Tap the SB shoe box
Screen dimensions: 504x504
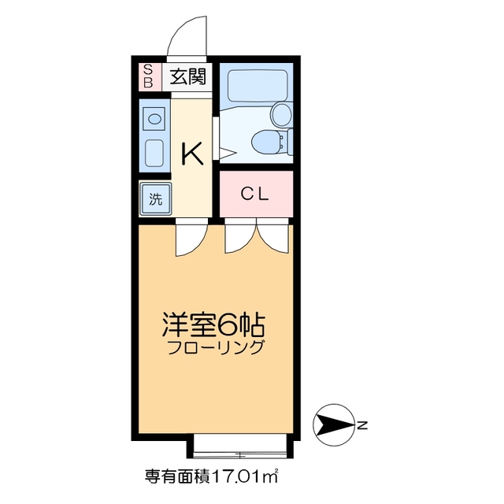tap(147, 76)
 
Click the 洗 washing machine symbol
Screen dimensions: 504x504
tap(154, 198)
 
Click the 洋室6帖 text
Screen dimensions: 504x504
tap(213, 323)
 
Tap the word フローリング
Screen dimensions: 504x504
tap(214, 347)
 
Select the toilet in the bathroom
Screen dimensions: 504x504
tap(268, 143)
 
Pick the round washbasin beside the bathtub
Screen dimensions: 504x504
tap(281, 115)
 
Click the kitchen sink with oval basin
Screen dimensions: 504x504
tap(155, 119)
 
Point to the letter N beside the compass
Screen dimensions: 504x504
tap(362, 426)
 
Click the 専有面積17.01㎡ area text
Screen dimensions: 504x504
tap(213, 477)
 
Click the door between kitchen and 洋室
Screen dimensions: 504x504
tap(191, 239)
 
